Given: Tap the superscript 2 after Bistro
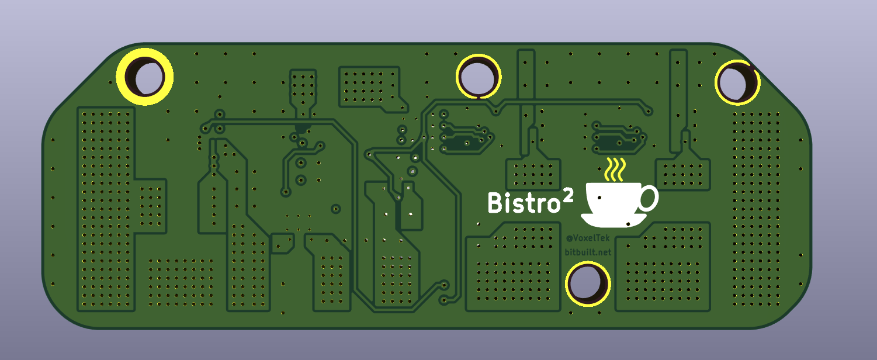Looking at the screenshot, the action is [x=568, y=195].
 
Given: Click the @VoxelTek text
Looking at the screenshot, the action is [x=588, y=238].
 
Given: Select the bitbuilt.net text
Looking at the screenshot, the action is [x=588, y=252].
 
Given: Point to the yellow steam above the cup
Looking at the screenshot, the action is [x=615, y=169].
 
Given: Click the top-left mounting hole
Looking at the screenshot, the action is [x=144, y=77].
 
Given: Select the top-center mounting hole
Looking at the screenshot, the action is [x=479, y=77].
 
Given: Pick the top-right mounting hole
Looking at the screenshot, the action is [x=737, y=82].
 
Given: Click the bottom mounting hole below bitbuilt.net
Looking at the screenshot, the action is [x=588, y=283].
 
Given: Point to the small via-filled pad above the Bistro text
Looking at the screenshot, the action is [x=533, y=174].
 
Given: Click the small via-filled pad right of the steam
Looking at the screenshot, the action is [x=683, y=174].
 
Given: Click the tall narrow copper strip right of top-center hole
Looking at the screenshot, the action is [x=526, y=102].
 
